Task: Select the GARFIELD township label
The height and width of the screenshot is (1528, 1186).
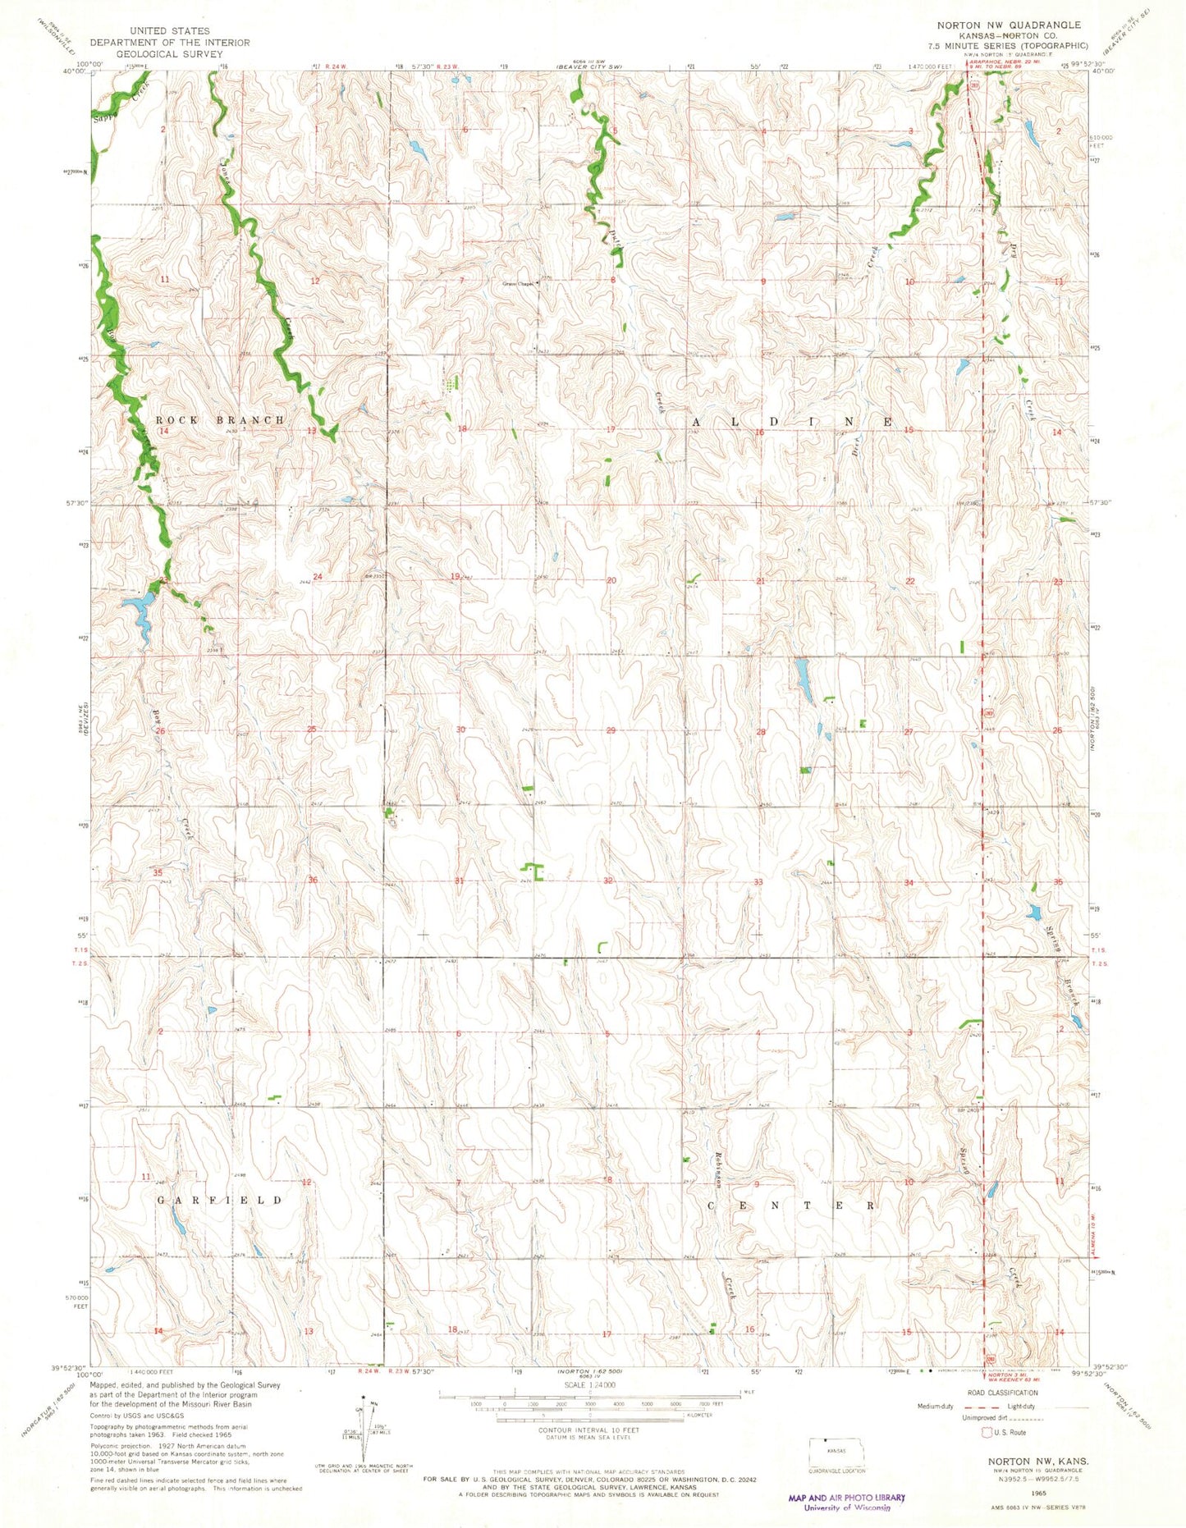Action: pyautogui.click(x=219, y=1200)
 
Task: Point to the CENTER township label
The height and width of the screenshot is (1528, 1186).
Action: pyautogui.click(x=792, y=1206)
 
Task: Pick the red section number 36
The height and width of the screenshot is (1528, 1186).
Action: pyautogui.click(x=312, y=881)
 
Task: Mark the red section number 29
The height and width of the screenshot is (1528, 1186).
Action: pyautogui.click(x=610, y=730)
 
